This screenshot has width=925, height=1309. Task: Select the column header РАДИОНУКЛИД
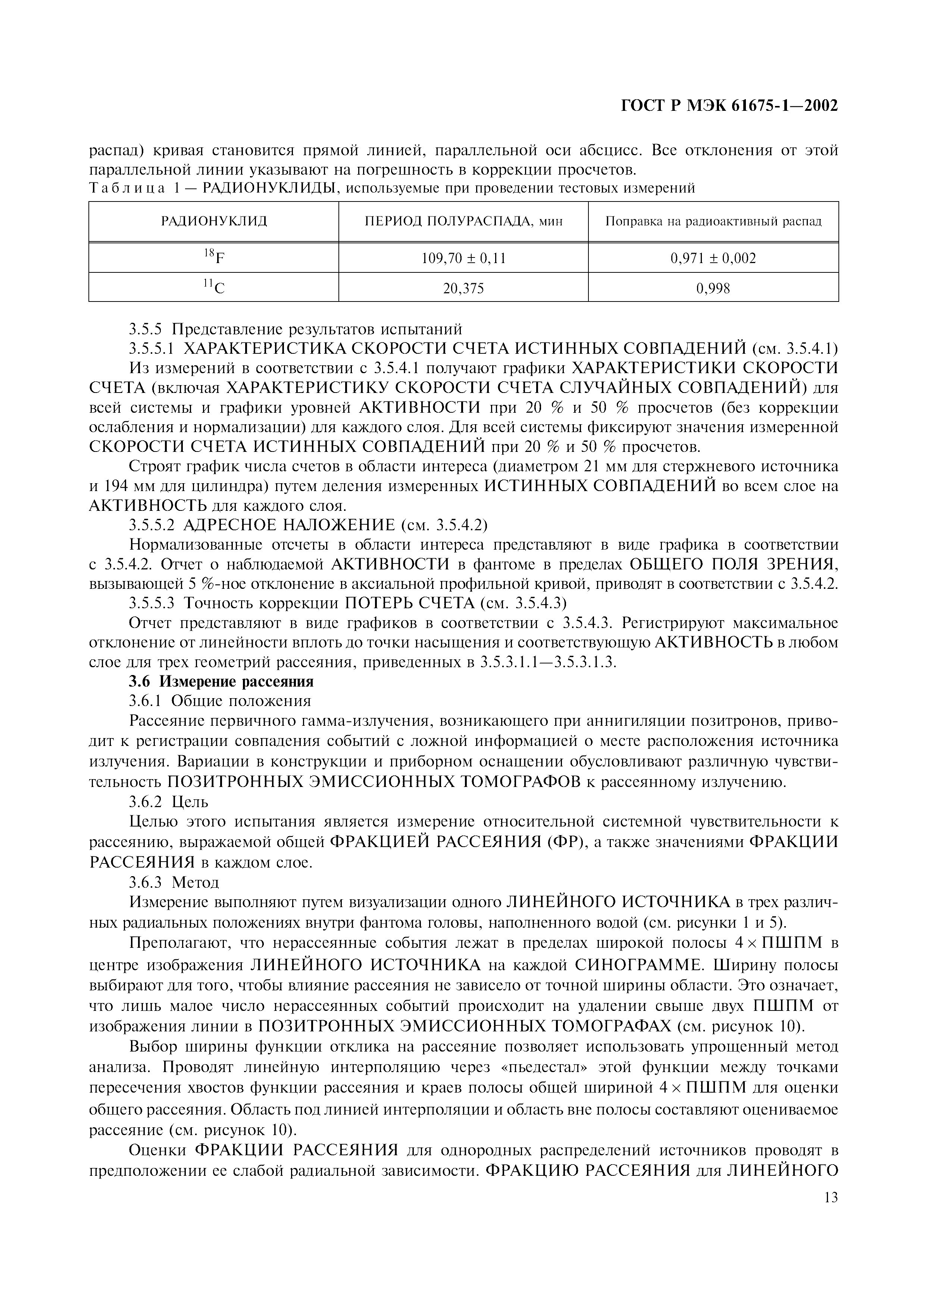click(214, 221)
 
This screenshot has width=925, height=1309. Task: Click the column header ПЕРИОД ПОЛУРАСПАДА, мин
click(463, 221)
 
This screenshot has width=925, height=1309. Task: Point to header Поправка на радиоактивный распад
click(713, 221)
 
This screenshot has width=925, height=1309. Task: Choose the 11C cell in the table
click(214, 288)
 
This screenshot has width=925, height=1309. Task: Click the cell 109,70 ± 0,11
click(463, 259)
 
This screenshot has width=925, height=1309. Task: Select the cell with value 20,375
click(463, 288)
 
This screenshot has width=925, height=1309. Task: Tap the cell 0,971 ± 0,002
click(713, 259)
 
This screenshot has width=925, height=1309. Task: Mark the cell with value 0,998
click(713, 288)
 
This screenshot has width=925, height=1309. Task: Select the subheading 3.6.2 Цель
click(169, 802)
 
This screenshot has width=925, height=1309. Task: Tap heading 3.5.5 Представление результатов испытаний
click(295, 329)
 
